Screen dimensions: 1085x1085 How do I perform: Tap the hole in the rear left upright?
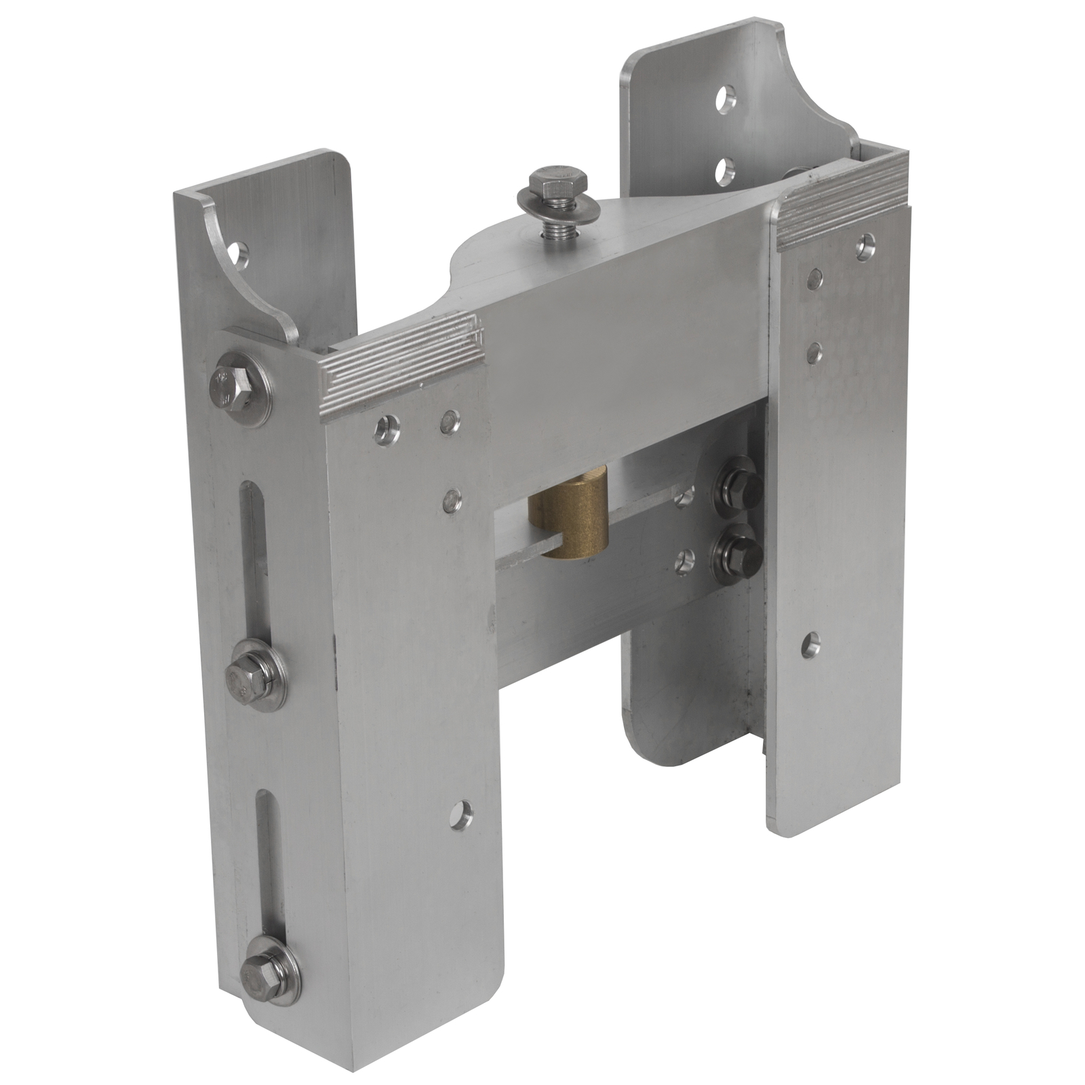[x=239, y=254]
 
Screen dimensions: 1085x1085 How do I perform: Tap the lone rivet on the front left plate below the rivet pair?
[x=448, y=501]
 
